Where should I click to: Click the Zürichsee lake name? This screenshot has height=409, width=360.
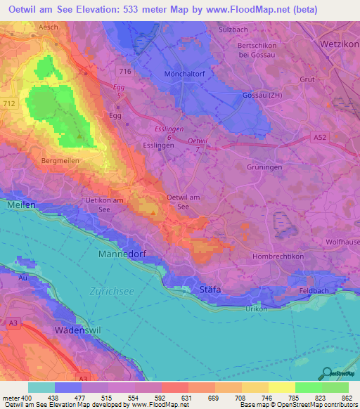(x=112, y=290)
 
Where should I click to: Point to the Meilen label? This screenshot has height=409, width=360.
(x=20, y=204)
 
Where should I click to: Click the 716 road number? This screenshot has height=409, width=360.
(x=125, y=72)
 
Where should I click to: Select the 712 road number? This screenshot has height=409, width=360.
(x=8, y=104)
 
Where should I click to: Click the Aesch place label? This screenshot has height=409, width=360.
(x=30, y=26)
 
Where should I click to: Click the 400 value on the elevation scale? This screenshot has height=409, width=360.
(x=27, y=397)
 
